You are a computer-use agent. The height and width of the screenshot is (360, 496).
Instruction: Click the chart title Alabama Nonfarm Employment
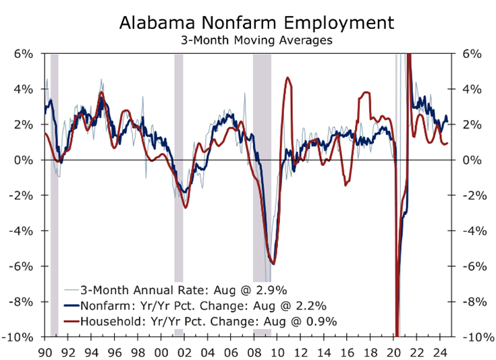[x=256, y=22]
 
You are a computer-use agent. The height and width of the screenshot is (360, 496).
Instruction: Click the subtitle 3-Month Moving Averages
[x=256, y=40]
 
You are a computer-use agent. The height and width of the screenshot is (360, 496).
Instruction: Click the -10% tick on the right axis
[x=476, y=336]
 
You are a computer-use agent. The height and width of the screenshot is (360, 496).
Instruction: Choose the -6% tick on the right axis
[x=476, y=266]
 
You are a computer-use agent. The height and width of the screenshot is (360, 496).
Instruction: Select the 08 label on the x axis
[x=254, y=352]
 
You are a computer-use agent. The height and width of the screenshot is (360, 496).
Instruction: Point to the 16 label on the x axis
[x=348, y=352]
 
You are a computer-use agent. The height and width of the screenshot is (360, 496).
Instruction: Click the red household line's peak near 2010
[x=287, y=78]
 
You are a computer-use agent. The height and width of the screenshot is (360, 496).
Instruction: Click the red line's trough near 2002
[x=186, y=208]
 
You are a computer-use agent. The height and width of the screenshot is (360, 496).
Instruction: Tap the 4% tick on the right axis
[x=472, y=89]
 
